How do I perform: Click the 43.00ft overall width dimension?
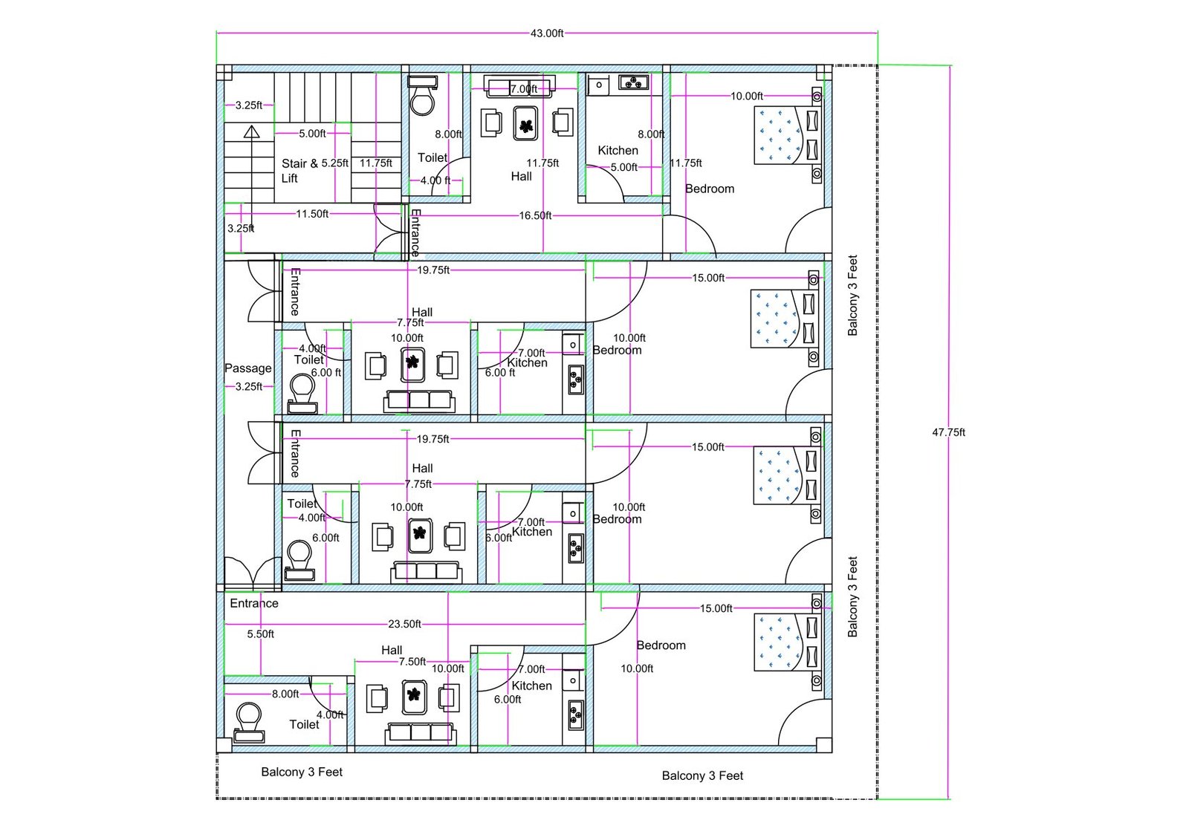546,33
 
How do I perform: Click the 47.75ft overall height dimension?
948,432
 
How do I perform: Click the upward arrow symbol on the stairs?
252,132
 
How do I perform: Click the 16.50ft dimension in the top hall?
535,215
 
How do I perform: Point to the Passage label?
248,368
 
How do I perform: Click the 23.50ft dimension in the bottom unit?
404,624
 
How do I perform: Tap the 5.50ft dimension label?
261,634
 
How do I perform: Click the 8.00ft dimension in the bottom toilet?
285,694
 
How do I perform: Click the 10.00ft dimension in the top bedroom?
746,96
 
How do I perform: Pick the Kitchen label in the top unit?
618,150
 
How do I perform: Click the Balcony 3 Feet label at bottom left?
302,772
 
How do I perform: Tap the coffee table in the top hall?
525,124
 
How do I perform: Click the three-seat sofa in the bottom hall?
421,733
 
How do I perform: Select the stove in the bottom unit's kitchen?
575,715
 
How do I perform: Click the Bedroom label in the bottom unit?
661,645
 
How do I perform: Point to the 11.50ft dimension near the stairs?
312,214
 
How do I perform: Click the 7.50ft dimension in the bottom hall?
412,662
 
